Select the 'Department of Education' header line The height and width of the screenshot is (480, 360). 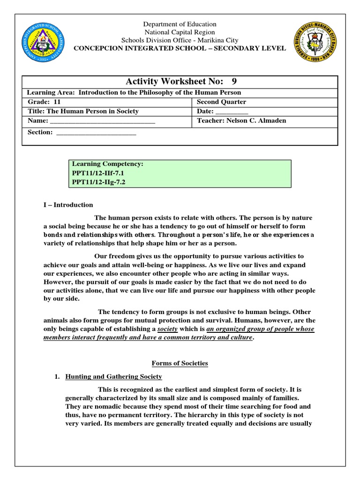(180, 24)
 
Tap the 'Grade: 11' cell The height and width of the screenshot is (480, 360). (44, 102)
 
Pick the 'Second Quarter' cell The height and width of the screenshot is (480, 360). (221, 102)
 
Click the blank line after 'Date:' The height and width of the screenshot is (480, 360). (232, 112)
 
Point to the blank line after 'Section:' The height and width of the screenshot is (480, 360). (96, 133)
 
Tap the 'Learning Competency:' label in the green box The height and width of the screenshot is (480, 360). (107, 164)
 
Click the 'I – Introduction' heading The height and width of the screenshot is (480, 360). (68, 205)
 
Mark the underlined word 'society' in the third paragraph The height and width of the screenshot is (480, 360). (167, 329)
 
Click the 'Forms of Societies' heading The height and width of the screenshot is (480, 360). (180, 363)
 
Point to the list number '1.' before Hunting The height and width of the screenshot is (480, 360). (58, 376)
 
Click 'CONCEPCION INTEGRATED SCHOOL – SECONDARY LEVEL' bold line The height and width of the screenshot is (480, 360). (180, 48)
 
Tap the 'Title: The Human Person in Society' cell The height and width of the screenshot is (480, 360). (83, 111)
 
